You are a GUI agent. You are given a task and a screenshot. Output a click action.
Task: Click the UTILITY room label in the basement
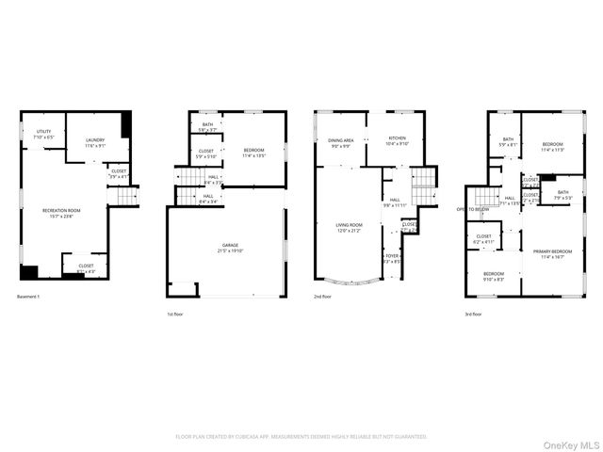(44, 131)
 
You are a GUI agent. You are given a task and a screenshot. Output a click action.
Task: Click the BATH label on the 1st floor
(207, 125)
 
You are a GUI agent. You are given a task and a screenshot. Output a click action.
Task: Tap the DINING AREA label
(340, 140)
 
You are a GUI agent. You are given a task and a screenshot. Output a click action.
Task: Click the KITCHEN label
(398, 138)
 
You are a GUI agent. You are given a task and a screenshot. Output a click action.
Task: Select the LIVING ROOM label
(350, 225)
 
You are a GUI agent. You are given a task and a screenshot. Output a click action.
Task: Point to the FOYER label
(391, 255)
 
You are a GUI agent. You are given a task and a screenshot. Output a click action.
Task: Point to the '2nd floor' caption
(322, 297)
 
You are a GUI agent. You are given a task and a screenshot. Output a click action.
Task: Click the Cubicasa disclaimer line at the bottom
(301, 436)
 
